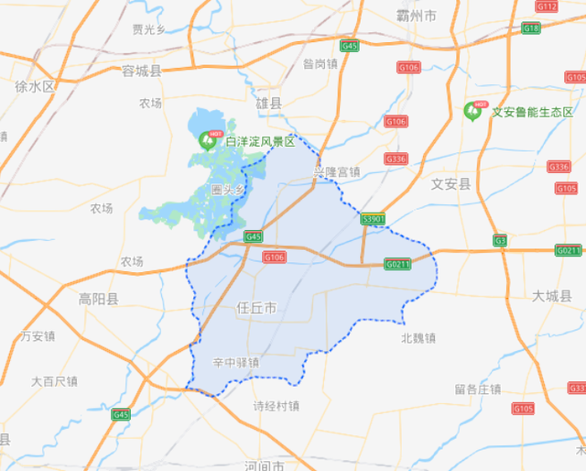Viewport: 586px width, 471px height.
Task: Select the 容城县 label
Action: coord(141,71)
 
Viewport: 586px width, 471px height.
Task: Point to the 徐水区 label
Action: coord(36,86)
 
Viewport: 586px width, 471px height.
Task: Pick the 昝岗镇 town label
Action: coord(320,63)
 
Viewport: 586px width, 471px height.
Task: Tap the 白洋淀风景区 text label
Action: coord(260,141)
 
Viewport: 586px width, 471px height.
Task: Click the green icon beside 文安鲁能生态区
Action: coord(473,111)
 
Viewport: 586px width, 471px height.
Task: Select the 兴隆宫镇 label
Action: coord(336,171)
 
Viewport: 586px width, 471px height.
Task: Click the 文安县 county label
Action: coord(450,184)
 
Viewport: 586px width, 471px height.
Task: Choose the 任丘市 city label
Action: coord(256,308)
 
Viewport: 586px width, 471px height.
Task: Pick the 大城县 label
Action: coord(552,295)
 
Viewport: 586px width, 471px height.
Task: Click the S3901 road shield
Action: coord(374,220)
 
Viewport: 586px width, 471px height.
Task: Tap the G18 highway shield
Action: coord(531,28)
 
